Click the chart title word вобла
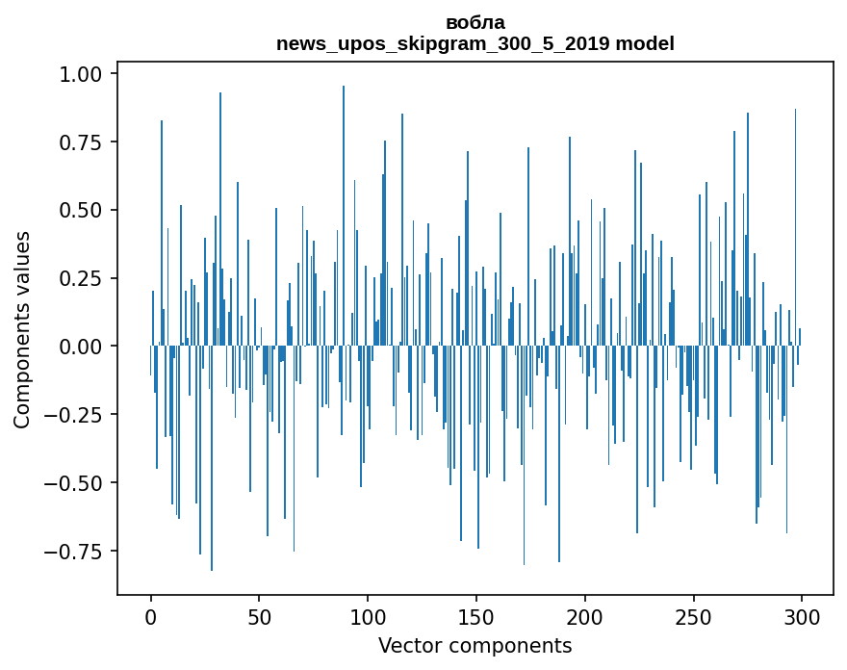pyautogui.click(x=475, y=22)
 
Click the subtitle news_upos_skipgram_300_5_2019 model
pyautogui.click(x=475, y=43)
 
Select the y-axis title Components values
pyautogui.click(x=22, y=329)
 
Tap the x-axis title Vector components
pyautogui.click(x=475, y=646)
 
